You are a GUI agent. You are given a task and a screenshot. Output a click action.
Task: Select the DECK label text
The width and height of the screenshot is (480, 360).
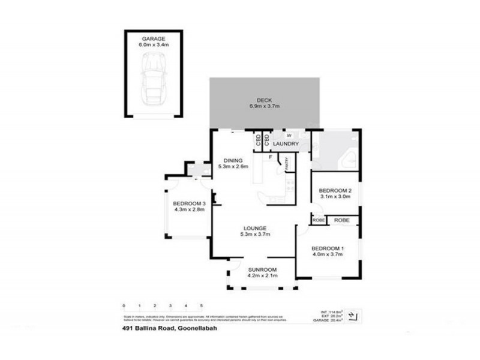point(264,100)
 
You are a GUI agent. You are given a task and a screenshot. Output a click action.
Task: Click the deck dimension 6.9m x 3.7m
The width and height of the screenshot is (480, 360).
point(264,106)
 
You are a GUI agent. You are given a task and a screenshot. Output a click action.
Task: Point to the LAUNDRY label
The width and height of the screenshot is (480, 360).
point(286,144)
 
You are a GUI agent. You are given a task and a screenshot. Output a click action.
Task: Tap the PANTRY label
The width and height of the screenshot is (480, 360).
point(287,163)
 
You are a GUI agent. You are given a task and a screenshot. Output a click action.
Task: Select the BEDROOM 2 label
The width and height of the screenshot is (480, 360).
point(335,191)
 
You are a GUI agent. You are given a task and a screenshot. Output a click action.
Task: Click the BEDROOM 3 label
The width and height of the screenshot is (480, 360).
point(189,203)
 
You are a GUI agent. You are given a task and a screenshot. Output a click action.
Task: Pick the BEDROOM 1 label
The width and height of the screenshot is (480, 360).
point(327,248)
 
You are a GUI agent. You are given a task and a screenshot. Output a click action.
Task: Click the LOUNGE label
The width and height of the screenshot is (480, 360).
point(254,227)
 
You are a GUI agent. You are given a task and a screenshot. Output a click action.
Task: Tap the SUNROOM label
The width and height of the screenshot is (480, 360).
point(262,269)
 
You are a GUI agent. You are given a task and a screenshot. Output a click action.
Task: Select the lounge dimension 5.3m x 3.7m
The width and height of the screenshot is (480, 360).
point(254,234)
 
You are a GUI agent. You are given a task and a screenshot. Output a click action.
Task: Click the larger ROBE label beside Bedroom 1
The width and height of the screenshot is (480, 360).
point(342,220)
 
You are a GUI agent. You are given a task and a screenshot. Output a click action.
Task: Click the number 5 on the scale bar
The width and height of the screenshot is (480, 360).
point(202,305)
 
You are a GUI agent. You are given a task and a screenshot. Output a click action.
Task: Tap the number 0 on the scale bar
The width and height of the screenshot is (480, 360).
point(124,305)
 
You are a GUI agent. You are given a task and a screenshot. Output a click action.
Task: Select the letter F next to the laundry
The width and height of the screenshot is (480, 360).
point(271,157)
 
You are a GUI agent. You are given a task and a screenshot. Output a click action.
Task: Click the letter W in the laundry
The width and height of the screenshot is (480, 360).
point(288,136)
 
